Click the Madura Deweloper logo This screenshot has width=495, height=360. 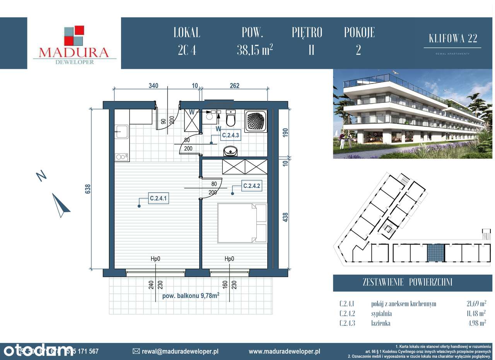pyautogui.click(x=74, y=44)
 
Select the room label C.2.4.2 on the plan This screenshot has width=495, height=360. pyautogui.click(x=252, y=186)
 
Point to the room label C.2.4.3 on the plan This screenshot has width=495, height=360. pyautogui.click(x=231, y=136)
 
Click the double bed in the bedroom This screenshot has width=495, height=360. pyautogui.click(x=242, y=223)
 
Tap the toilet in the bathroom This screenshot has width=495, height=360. pyautogui.click(x=230, y=118)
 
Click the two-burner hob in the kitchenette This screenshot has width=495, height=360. pyautogui.click(x=121, y=157)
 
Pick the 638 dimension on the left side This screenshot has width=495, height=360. pyautogui.click(x=88, y=188)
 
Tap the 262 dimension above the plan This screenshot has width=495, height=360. pyautogui.click(x=234, y=86)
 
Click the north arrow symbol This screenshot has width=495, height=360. pyautogui.click(x=61, y=205)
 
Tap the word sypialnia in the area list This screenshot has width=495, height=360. pyautogui.click(x=382, y=314)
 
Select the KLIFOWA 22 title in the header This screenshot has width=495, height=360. pyautogui.click(x=453, y=38)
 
